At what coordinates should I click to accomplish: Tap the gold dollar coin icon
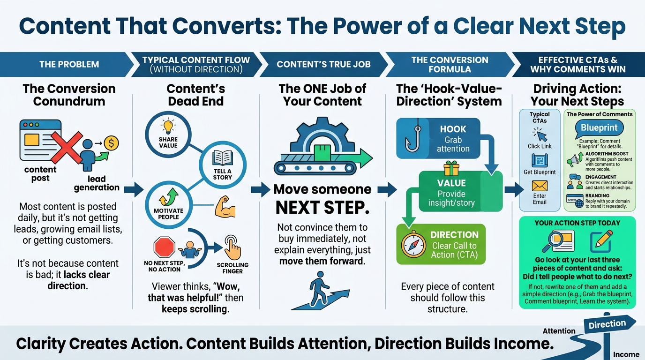tap(111, 142)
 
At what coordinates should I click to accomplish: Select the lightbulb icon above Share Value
tap(168, 127)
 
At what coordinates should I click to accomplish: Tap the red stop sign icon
tap(164, 247)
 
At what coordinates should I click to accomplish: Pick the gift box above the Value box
tap(451, 167)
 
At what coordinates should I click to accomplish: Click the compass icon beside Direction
tap(413, 245)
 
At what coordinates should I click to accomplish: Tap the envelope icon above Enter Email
tap(540, 186)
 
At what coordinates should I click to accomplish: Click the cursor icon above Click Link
tap(540, 135)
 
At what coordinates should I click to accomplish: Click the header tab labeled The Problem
tap(69, 64)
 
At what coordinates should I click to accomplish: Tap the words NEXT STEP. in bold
tap(322, 207)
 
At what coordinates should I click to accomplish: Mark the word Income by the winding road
tap(626, 354)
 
